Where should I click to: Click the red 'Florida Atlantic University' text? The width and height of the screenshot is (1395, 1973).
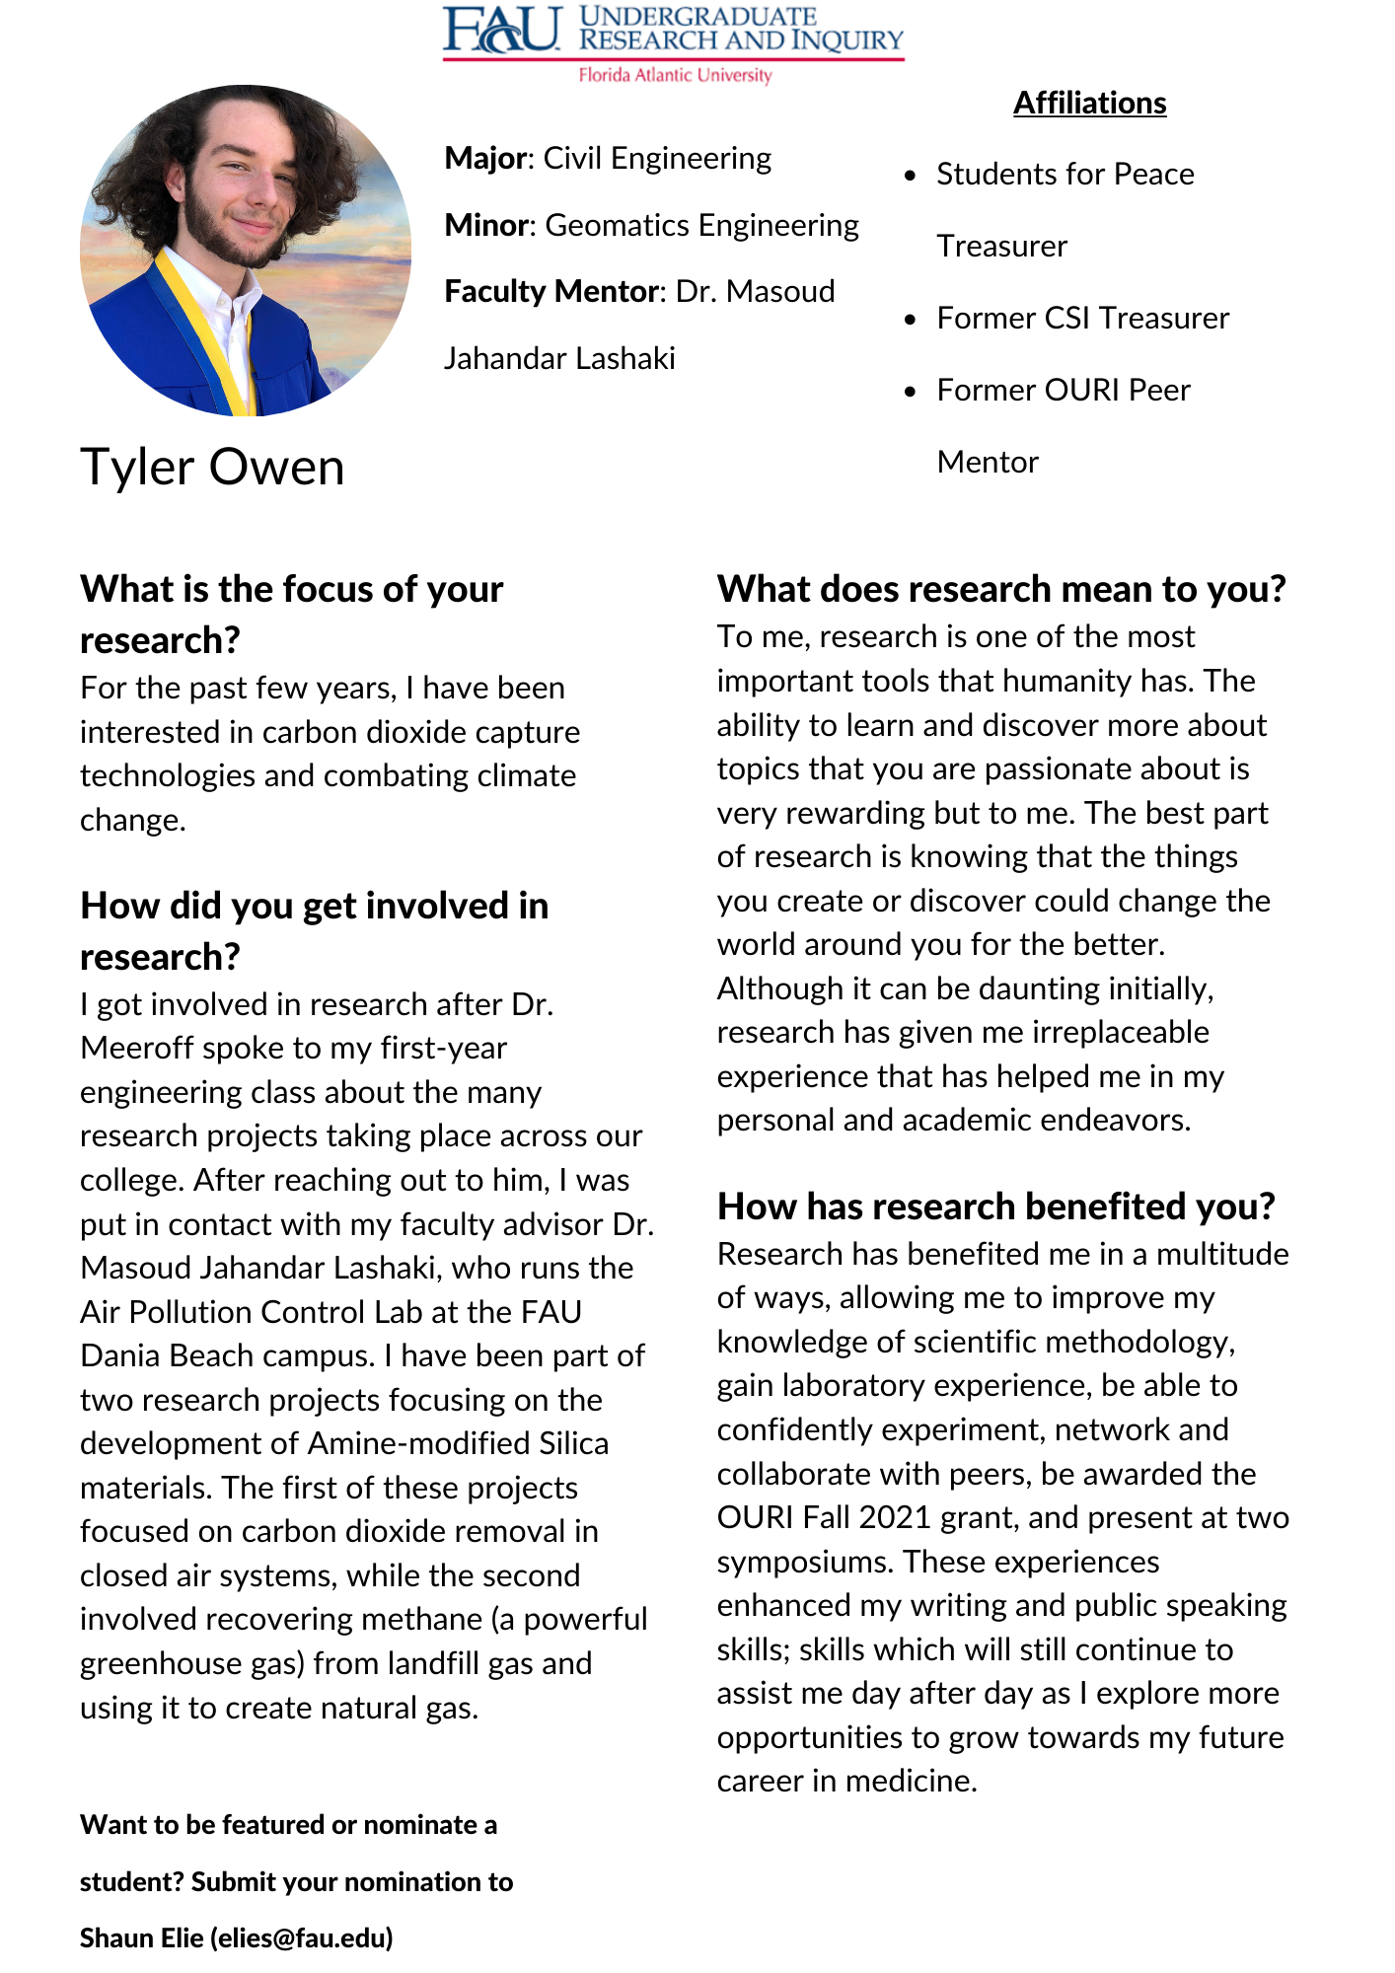675,75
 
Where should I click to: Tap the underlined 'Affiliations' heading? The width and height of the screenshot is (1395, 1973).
1089,103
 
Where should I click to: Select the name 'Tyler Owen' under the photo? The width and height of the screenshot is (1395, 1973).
212,467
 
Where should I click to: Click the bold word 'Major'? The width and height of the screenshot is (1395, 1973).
487,158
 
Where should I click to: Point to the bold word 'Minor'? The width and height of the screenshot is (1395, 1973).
487,225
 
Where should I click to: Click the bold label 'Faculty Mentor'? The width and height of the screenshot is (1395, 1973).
551,291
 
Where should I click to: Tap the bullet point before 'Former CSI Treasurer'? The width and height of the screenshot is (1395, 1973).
911,319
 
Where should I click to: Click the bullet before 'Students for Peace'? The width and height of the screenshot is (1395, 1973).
911,176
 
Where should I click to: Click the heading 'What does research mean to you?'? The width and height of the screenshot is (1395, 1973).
1001,589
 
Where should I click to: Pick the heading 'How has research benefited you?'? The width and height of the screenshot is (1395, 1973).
996,1206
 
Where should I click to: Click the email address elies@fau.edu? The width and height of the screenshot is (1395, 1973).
302,1937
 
